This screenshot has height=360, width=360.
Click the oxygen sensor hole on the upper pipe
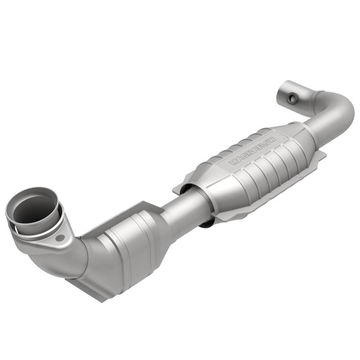[x=293, y=98]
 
